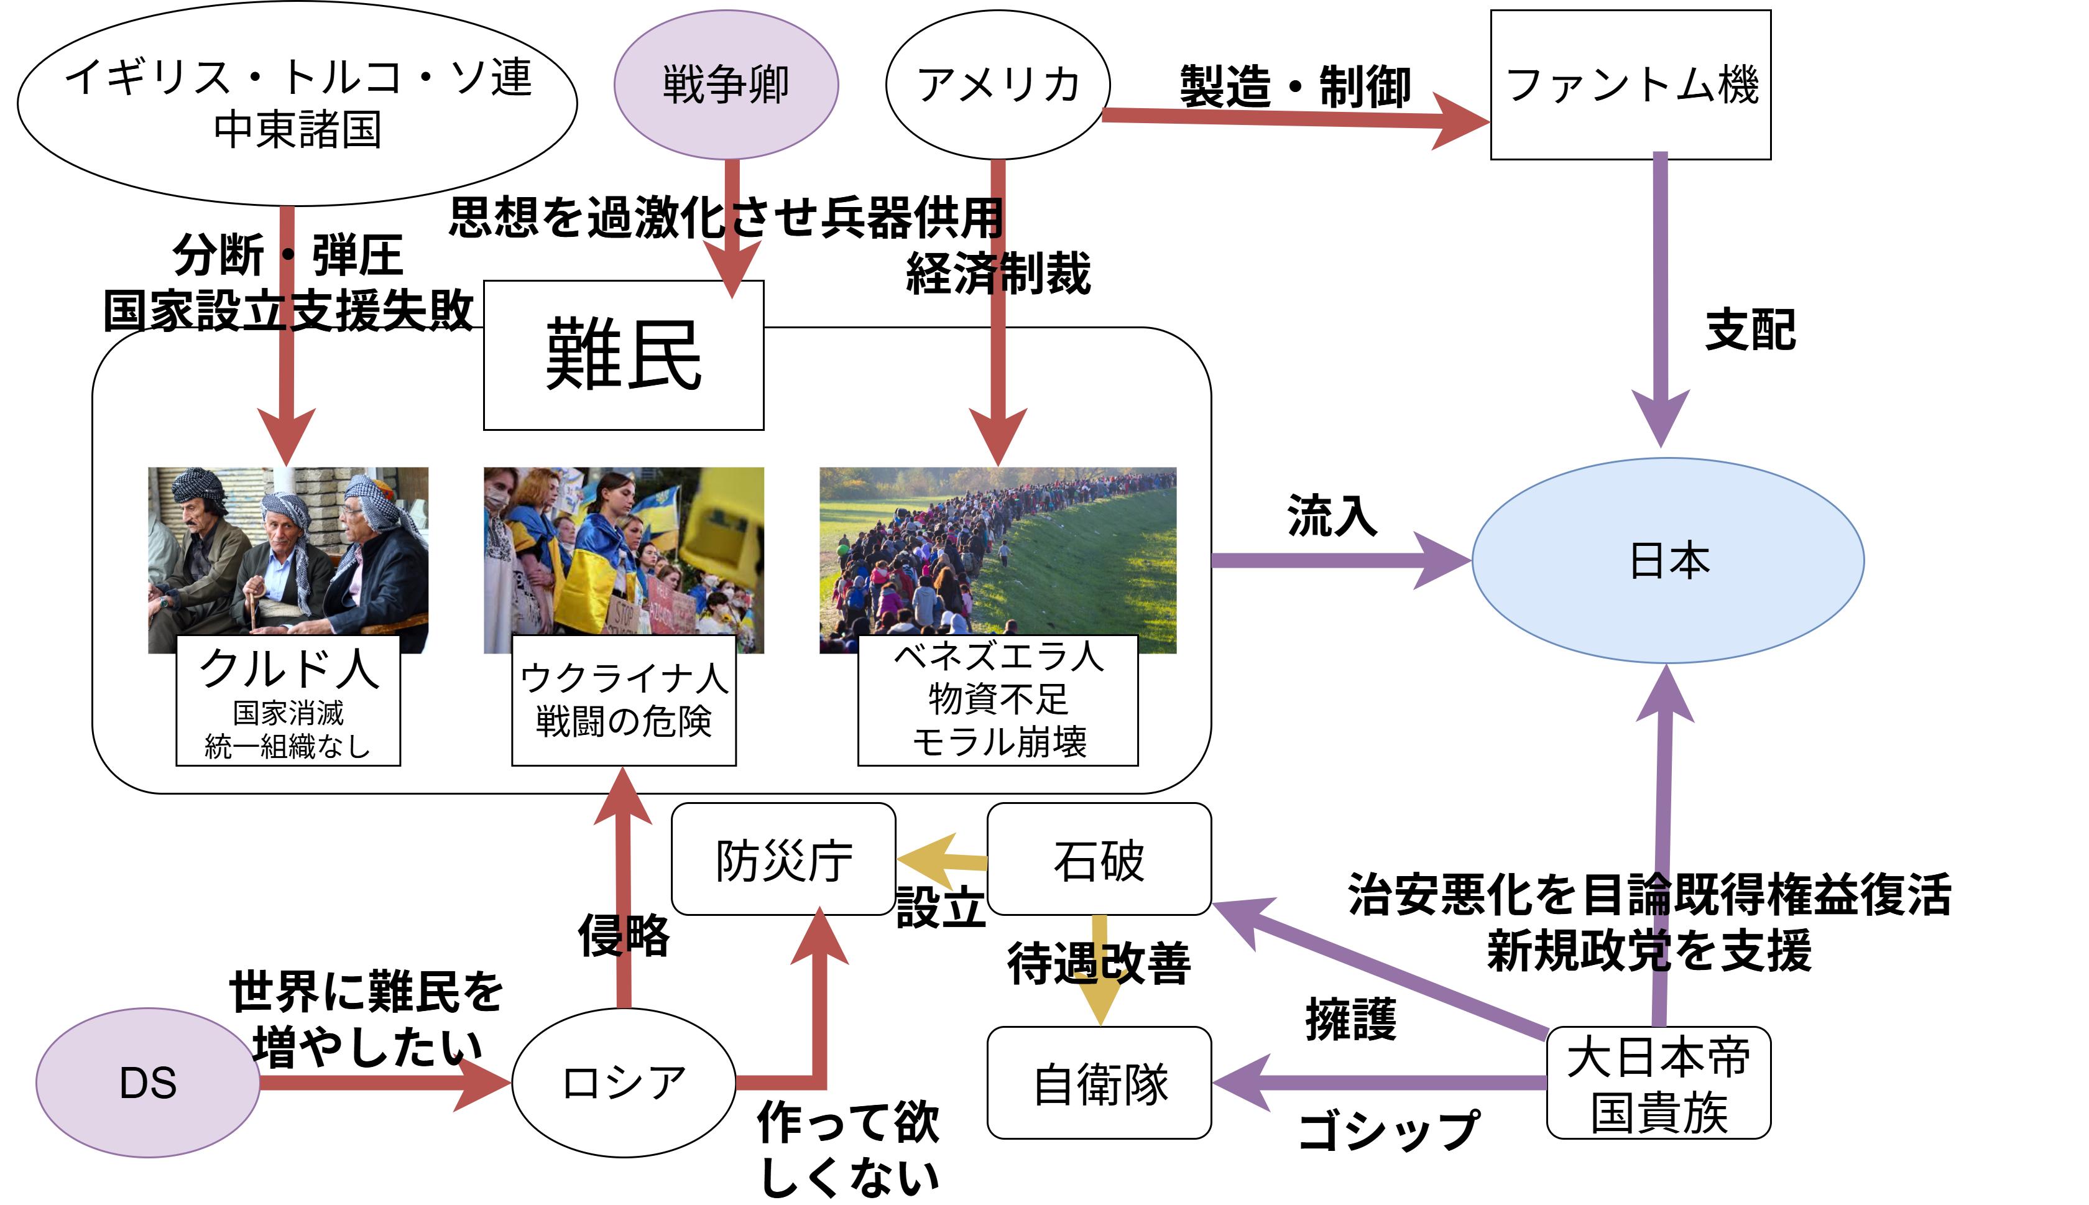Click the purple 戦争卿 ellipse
(726, 85)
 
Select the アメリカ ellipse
(998, 85)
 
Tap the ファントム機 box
(1630, 85)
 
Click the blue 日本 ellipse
(1667, 560)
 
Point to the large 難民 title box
(623, 355)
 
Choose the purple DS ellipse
(148, 1082)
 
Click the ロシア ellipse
(623, 1082)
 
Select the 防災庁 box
(783, 859)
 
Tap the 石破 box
(1099, 859)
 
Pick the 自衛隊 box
(1099, 1083)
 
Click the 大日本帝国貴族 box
(1658, 1083)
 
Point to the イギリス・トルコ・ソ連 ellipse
(297, 103)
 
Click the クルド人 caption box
(288, 701)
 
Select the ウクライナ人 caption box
(623, 701)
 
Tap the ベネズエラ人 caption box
(998, 701)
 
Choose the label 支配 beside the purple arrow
(1750, 330)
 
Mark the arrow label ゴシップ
(1388, 1130)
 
